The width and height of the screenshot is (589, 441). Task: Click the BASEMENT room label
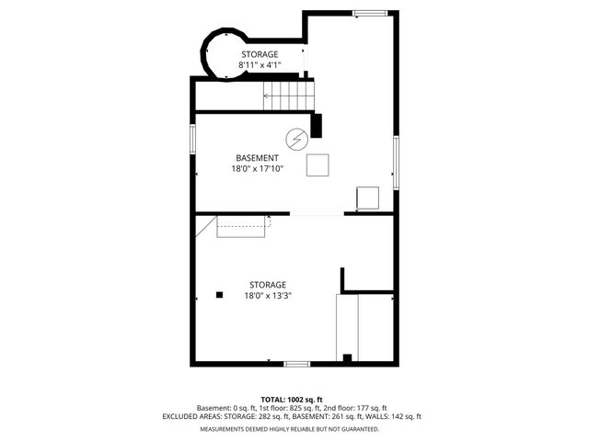click(x=258, y=158)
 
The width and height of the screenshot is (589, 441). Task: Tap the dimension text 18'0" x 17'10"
click(x=258, y=169)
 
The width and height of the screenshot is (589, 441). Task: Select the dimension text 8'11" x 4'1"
click(x=260, y=65)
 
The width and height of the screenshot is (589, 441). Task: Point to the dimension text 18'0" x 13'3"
click(x=268, y=296)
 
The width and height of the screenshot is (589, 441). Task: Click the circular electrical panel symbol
click(x=296, y=140)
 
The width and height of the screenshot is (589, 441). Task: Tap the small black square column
click(x=219, y=295)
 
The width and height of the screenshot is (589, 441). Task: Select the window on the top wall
click(x=370, y=14)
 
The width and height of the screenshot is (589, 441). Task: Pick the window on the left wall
click(x=192, y=139)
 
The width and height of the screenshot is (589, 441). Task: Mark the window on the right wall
click(x=396, y=163)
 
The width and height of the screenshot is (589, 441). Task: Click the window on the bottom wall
click(x=296, y=364)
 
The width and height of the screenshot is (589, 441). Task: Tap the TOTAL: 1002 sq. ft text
click(x=292, y=400)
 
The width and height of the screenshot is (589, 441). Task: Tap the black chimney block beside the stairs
click(x=316, y=125)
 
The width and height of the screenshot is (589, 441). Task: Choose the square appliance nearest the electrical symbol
click(x=318, y=165)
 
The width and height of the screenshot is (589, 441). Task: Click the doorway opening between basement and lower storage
click(x=317, y=214)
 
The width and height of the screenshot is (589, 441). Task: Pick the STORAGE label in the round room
click(x=260, y=54)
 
